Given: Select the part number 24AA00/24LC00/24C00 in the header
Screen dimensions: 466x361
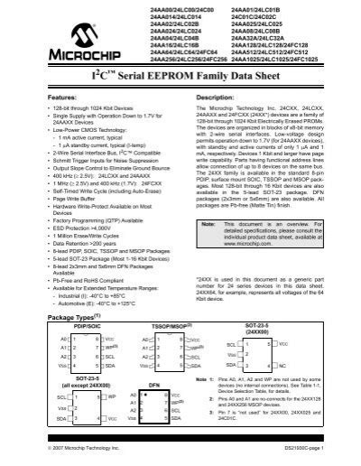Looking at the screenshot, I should (x=167, y=8).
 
